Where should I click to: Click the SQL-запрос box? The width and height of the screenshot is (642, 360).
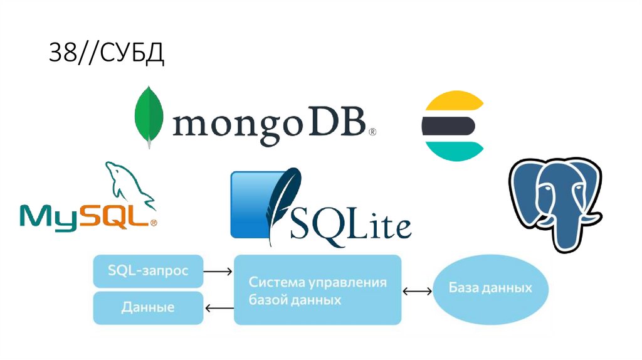pos(148,271)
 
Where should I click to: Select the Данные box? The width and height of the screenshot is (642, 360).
pos(148,307)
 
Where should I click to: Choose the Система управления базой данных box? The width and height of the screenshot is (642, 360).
pos(317,289)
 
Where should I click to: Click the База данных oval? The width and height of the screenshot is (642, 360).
pos(490,289)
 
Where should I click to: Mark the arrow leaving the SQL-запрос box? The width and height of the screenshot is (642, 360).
pos(218,272)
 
